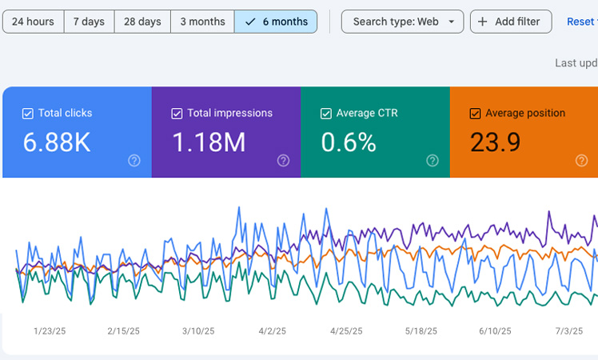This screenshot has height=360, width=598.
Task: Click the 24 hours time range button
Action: coord(33,22)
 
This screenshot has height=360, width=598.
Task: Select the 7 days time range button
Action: coord(89,22)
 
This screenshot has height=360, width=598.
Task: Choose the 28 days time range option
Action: coord(142,22)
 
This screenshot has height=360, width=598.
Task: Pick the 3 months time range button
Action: coord(201,22)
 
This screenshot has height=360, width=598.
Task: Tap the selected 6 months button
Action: coord(275,22)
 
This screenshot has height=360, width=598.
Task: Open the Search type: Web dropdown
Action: coord(402,22)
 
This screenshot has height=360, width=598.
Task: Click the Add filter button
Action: coord(510,22)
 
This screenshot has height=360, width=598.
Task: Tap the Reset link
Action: coord(581,22)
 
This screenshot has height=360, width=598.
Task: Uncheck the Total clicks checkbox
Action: coord(28,114)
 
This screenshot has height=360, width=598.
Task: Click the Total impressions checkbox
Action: coord(177,114)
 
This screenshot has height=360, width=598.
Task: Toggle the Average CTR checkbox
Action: coord(326,114)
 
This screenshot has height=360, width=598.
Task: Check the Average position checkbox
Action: coord(476,114)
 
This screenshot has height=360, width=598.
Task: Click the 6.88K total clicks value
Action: coord(57,142)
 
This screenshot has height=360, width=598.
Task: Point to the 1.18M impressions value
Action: coord(209,142)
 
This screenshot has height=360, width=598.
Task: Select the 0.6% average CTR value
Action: coord(349,142)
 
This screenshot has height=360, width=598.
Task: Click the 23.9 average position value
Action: coord(495,142)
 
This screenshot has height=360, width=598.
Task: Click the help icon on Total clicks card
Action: coord(134,161)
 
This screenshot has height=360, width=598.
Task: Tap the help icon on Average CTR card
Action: coord(433,161)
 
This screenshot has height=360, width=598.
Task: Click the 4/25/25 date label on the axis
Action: coord(346,330)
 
